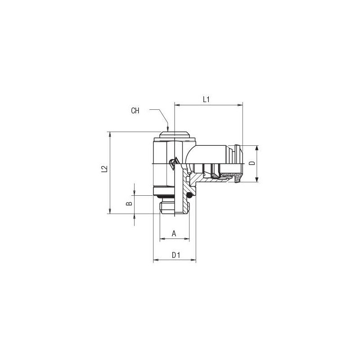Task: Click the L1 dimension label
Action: (206, 99)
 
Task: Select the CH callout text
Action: (135, 111)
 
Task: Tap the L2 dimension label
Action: (104, 169)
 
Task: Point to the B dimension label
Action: (130, 203)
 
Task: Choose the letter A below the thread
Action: (174, 234)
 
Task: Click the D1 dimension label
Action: (176, 255)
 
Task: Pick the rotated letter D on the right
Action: (252, 163)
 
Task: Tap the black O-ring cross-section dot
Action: (189, 196)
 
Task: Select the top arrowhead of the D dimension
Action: (257, 148)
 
